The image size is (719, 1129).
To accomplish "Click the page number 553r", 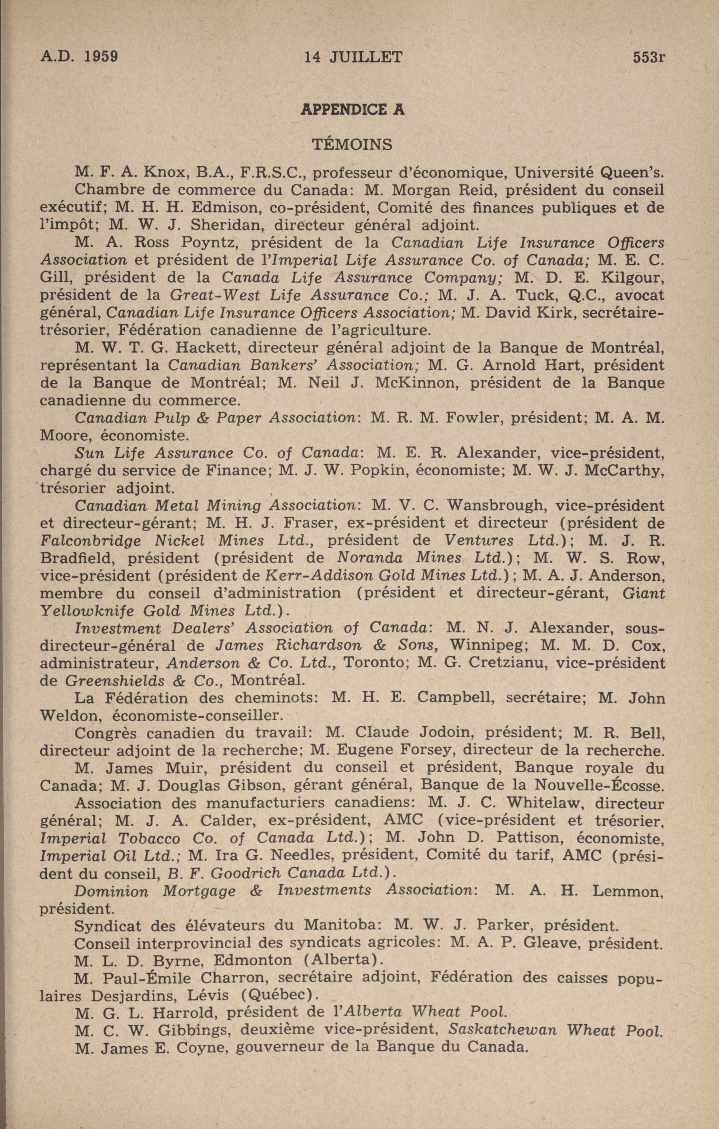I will click(x=649, y=57).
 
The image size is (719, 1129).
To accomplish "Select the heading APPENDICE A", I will click(x=352, y=109).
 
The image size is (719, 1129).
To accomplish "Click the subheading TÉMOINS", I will click(x=352, y=144).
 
